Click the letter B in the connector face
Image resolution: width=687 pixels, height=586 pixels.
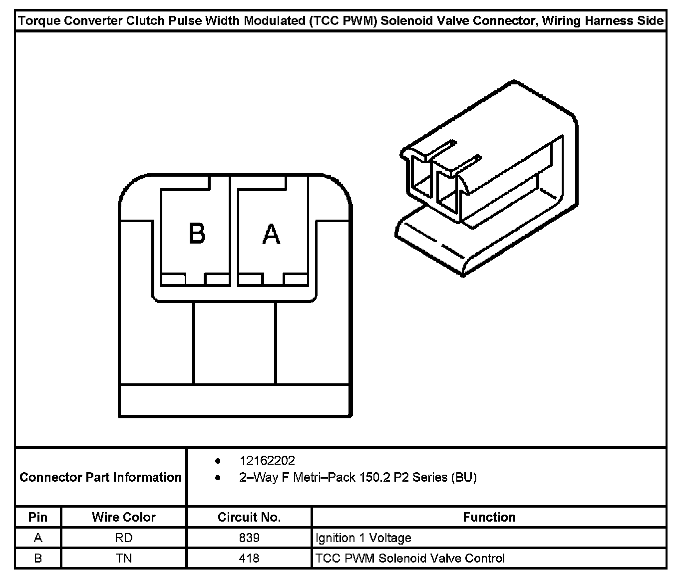click(197, 233)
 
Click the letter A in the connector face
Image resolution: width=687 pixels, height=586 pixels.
click(271, 234)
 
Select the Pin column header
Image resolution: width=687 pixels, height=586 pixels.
click(38, 517)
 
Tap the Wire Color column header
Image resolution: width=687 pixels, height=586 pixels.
click(123, 517)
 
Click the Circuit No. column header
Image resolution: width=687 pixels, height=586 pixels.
click(249, 517)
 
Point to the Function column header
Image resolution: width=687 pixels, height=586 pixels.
click(489, 517)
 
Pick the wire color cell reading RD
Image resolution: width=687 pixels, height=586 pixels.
click(123, 538)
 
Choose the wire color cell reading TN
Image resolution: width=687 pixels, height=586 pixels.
click(123, 558)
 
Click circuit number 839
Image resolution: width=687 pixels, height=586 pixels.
click(249, 538)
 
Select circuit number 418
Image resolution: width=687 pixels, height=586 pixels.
click(249, 558)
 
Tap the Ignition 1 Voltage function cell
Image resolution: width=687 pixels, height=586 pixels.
click(363, 538)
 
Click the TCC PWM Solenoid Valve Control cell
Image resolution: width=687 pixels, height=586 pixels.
click(410, 558)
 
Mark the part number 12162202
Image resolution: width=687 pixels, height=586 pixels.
click(267, 460)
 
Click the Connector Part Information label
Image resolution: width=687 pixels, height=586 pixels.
click(100, 477)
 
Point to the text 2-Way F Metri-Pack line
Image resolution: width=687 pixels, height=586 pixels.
click(358, 478)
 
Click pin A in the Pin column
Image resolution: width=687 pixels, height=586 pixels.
click(38, 538)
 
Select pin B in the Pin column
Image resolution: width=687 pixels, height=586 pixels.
click(38, 558)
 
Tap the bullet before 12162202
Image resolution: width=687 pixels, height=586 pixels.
click(218, 460)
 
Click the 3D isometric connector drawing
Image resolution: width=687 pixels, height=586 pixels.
click(487, 180)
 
